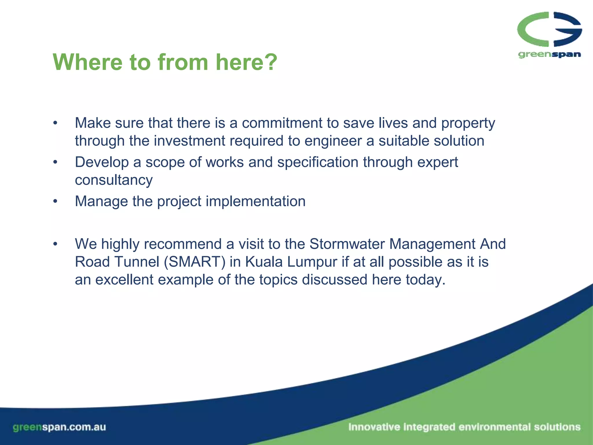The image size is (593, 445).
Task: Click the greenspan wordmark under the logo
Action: (549, 54)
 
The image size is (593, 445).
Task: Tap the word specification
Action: (318, 163)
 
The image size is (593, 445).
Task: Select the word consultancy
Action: (114, 180)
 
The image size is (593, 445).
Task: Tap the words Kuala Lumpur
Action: (291, 262)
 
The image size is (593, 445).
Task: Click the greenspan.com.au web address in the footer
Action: (59, 427)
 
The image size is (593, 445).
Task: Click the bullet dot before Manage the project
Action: (56, 201)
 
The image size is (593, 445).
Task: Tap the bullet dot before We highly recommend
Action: (56, 244)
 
